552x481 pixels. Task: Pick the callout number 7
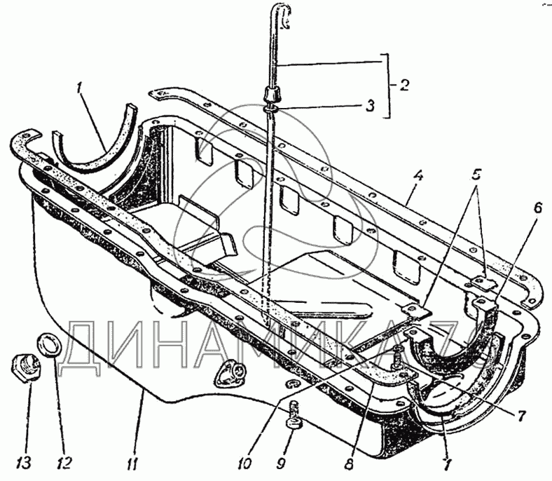coord(520,415)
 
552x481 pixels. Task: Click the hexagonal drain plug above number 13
coord(24,365)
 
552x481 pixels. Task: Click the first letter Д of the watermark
coord(88,346)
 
